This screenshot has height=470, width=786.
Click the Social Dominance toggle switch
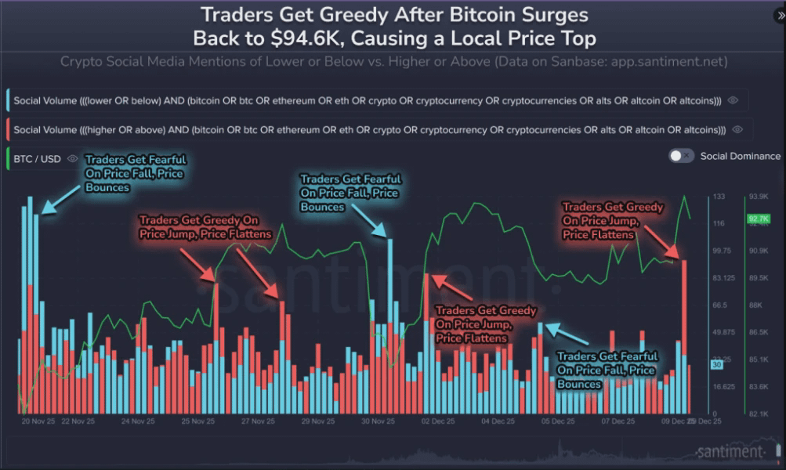click(681, 156)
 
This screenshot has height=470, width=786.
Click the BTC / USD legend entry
click(37, 159)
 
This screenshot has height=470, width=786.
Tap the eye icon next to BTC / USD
click(73, 159)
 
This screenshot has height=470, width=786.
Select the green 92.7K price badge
click(758, 219)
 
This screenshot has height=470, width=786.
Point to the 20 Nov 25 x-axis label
click(36, 421)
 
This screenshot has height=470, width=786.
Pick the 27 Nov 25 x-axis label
click(257, 421)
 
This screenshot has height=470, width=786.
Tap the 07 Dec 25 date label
click(618, 421)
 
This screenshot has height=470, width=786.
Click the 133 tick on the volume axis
click(719, 197)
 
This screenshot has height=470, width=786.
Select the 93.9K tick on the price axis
click(759, 197)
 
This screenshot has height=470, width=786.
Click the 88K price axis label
click(756, 305)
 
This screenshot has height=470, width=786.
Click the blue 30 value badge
click(716, 365)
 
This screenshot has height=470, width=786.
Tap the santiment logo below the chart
click(729, 452)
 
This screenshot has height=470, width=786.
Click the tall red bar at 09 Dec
click(685, 337)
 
